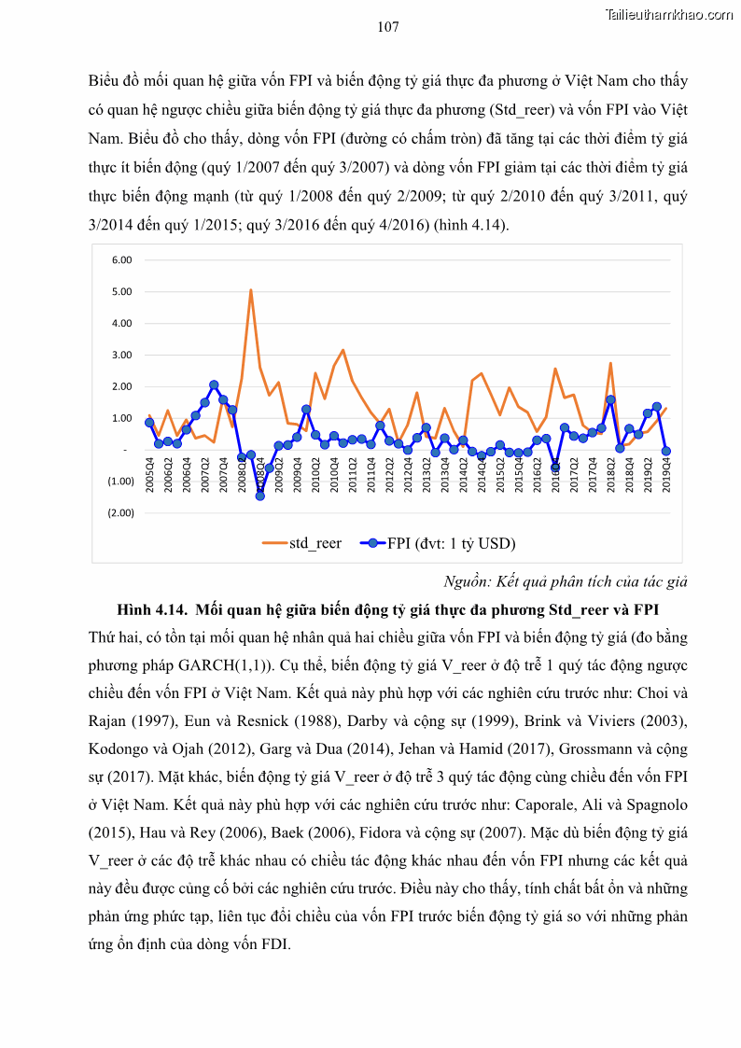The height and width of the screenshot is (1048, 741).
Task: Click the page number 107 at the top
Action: point(388,27)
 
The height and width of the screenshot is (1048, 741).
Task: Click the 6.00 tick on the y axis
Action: point(122,259)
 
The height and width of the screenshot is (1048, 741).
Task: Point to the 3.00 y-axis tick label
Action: point(122,355)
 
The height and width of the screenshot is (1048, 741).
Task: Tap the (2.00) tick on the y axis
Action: point(120,512)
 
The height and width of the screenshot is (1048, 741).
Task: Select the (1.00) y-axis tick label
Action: point(120,481)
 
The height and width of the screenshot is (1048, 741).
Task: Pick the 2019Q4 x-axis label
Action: point(666,473)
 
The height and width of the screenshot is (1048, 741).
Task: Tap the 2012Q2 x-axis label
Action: point(390,473)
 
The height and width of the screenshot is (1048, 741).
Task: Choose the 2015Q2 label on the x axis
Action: point(501,473)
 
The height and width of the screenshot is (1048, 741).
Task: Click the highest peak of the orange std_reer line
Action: point(251,290)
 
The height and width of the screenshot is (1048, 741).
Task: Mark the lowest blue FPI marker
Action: point(260,496)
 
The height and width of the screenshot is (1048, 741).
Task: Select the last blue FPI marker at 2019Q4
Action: point(666,451)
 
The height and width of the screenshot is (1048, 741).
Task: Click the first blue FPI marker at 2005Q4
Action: point(149,423)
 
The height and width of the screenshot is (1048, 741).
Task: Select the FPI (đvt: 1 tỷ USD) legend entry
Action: point(439,543)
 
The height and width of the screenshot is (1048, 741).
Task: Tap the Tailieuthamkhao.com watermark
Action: point(668,14)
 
